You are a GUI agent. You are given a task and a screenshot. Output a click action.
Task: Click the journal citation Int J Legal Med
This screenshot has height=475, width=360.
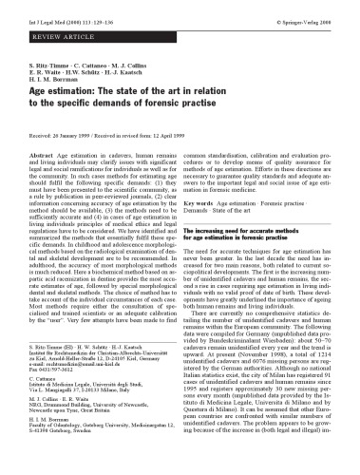pyautogui.click(x=39, y=12)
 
